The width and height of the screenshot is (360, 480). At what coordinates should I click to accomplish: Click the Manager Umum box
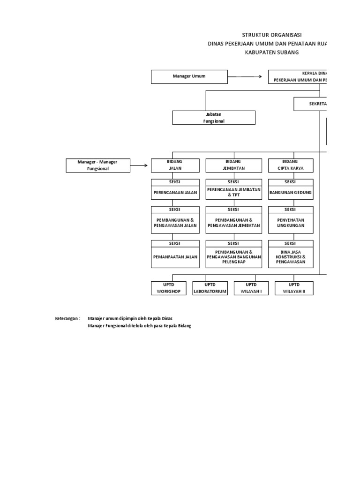(x=189, y=76)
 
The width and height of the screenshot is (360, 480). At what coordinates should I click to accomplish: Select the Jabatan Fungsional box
(x=214, y=118)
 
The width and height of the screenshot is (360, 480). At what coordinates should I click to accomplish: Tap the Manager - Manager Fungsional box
(x=97, y=165)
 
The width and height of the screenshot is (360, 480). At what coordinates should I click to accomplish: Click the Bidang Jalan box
(x=175, y=165)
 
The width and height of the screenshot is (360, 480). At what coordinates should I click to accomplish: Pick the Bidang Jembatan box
(x=233, y=165)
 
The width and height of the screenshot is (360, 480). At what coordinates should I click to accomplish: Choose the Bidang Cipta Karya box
(x=290, y=165)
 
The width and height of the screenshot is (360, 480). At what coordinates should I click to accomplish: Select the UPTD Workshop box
(x=168, y=288)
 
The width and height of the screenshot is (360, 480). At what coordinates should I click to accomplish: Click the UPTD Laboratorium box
(x=210, y=288)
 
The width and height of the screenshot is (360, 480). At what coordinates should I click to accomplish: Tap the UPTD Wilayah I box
(x=251, y=288)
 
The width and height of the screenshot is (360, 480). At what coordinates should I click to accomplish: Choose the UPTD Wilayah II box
(x=294, y=288)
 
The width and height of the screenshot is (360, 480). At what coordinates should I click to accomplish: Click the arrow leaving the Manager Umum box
(x=245, y=76)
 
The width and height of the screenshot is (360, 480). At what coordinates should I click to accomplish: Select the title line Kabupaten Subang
(x=271, y=52)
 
